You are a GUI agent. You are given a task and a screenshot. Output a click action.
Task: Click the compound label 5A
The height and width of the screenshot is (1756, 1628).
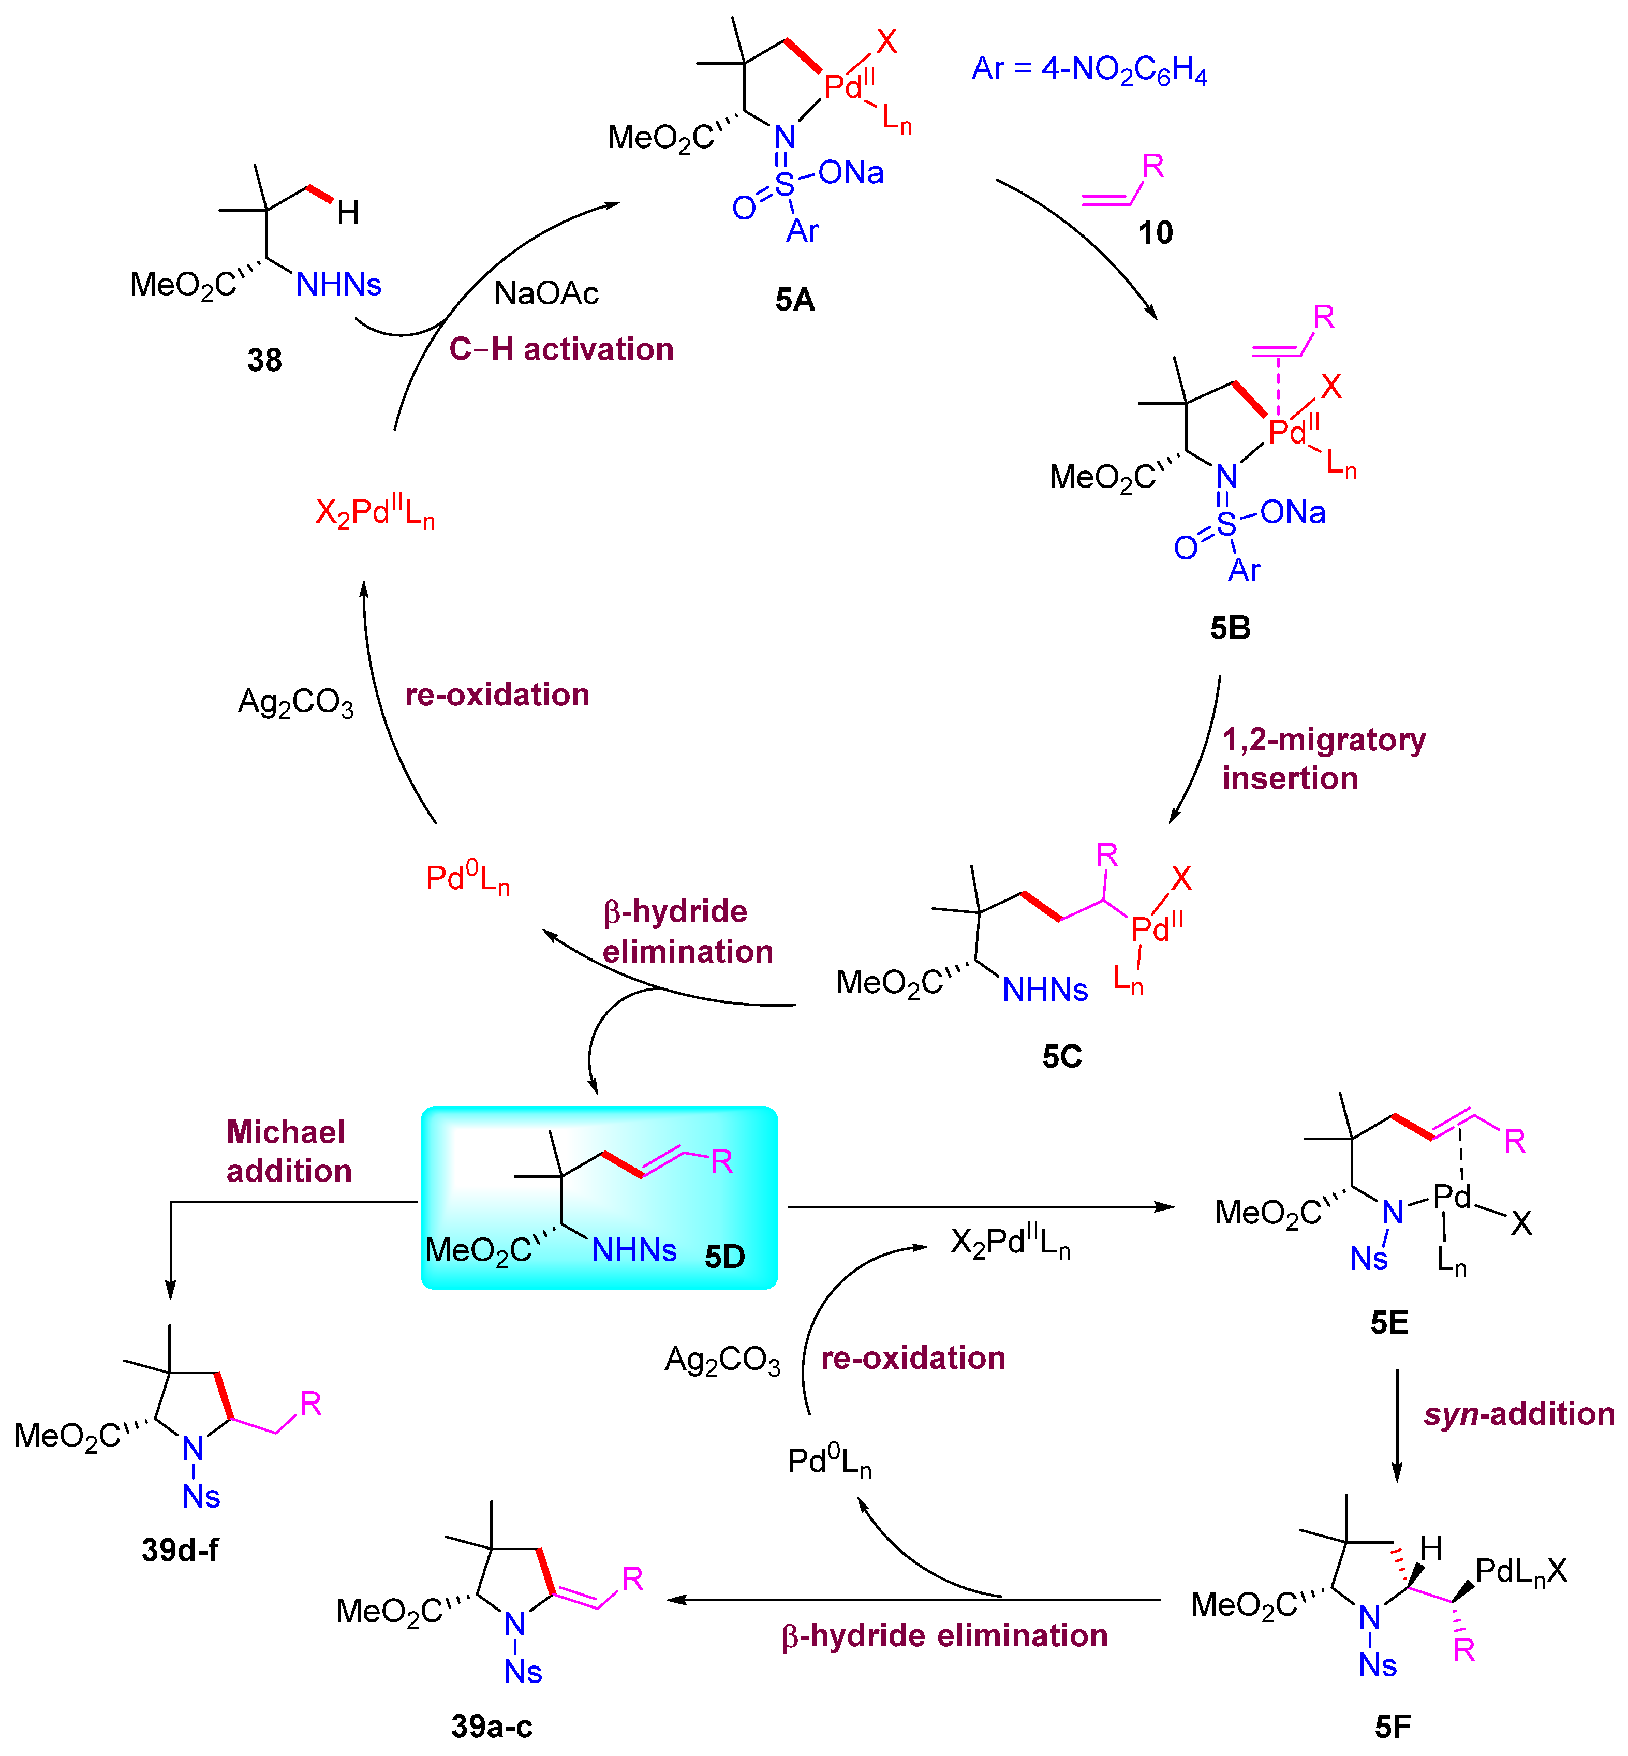pos(795,301)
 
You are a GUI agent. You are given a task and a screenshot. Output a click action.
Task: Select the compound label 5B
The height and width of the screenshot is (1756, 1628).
pos(1230,628)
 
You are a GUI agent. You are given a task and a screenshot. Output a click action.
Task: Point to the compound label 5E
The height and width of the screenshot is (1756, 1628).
pos(1389,1322)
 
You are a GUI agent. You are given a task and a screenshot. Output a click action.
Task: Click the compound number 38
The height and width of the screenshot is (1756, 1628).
pos(264,360)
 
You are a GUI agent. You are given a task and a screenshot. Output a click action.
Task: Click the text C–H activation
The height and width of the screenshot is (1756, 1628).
pos(561,350)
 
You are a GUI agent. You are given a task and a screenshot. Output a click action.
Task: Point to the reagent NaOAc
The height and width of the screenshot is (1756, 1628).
pos(546,293)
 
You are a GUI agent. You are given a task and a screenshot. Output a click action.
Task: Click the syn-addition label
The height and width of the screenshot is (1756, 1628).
pos(1519,1414)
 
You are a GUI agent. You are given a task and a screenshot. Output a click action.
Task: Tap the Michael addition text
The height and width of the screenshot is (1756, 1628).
pos(288,1152)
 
